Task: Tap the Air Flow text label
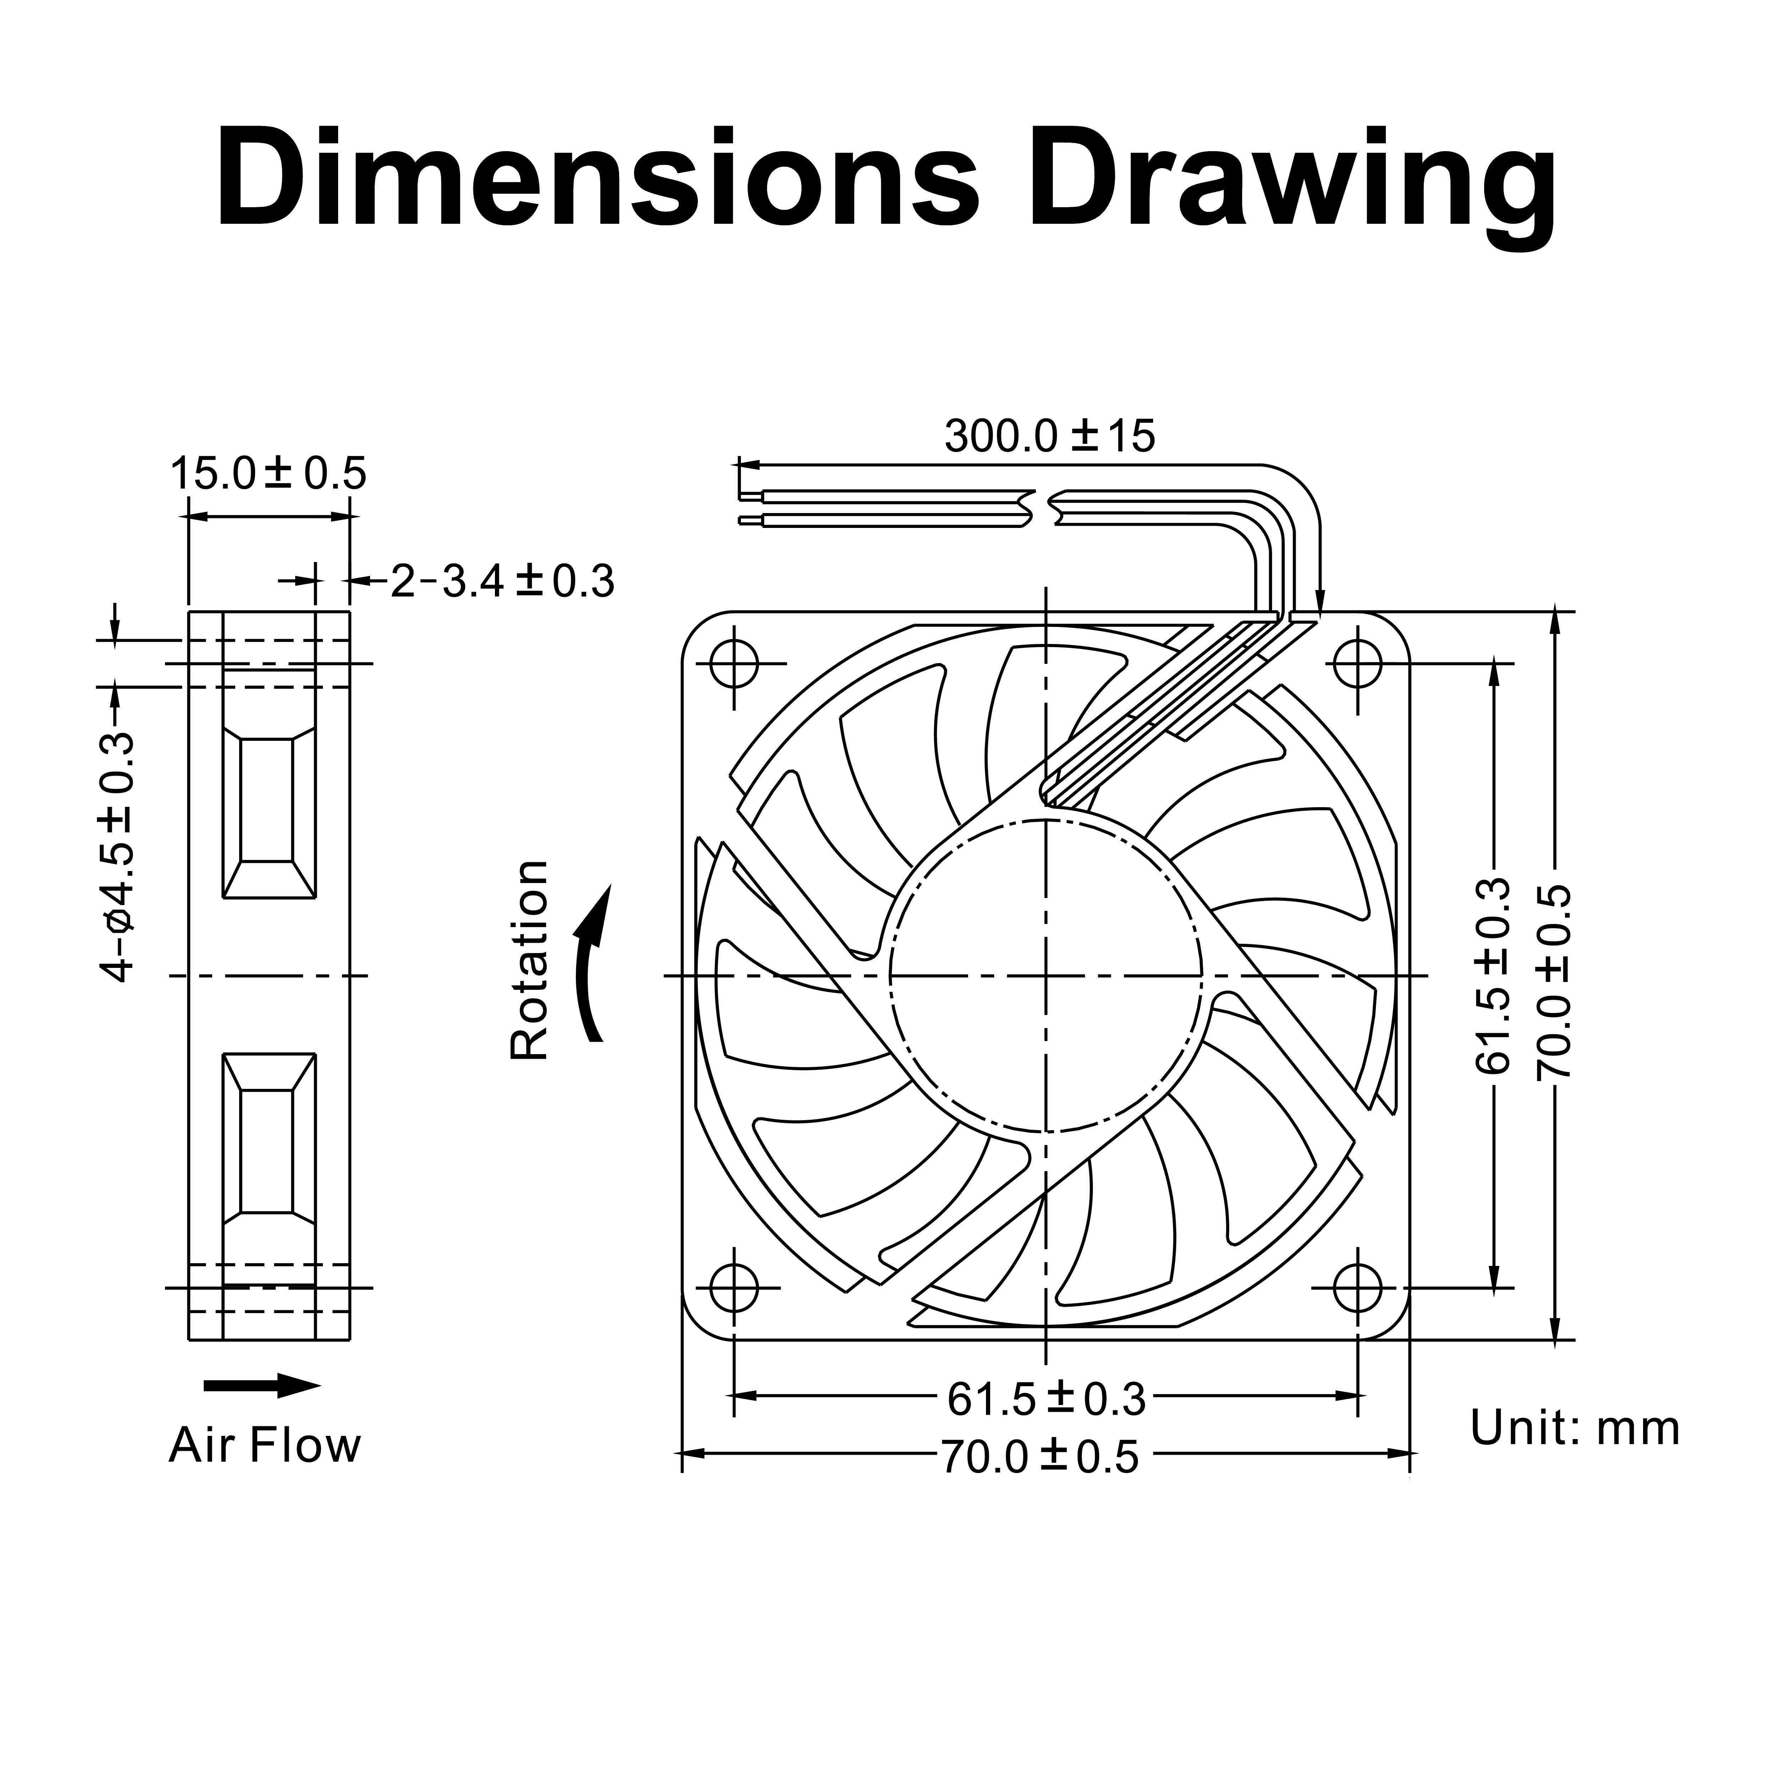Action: (264, 1445)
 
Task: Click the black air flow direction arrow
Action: (262, 1387)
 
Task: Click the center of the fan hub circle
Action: (1046, 975)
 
